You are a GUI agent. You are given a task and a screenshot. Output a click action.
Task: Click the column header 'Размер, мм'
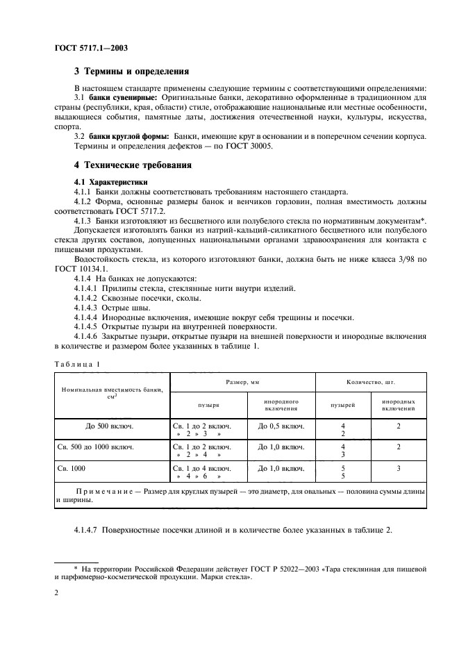(x=243, y=383)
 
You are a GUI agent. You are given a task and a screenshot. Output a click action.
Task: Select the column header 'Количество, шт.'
(x=370, y=383)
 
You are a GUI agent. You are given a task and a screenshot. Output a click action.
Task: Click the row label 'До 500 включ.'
(x=112, y=426)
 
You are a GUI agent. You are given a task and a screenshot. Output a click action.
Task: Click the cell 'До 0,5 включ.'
(x=281, y=426)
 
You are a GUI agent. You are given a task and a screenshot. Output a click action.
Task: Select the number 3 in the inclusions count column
(x=399, y=469)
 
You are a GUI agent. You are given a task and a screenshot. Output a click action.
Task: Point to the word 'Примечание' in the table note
(x=103, y=491)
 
